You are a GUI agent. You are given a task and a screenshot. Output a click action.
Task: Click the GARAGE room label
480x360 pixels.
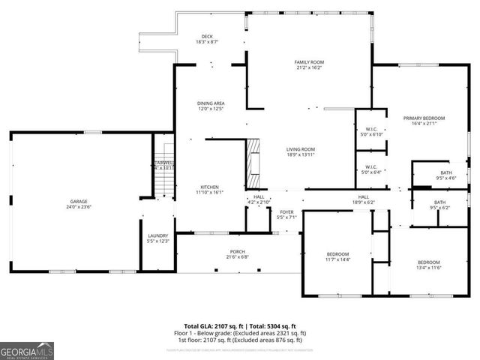(79, 202)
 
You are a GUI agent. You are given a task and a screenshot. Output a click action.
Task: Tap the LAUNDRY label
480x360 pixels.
(157, 235)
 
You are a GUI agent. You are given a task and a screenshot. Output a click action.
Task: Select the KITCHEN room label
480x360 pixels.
(209, 187)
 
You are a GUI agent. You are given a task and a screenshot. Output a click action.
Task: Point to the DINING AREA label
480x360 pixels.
(211, 103)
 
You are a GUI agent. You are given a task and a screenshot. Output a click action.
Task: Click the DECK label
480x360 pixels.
(207, 37)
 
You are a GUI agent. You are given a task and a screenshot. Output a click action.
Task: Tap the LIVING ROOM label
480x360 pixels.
(300, 148)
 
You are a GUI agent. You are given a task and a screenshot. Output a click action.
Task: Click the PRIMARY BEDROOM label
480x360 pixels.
(424, 118)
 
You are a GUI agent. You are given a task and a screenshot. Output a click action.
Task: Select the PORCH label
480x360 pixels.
(238, 252)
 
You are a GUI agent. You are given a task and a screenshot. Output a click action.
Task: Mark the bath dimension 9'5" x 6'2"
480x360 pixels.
(439, 208)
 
